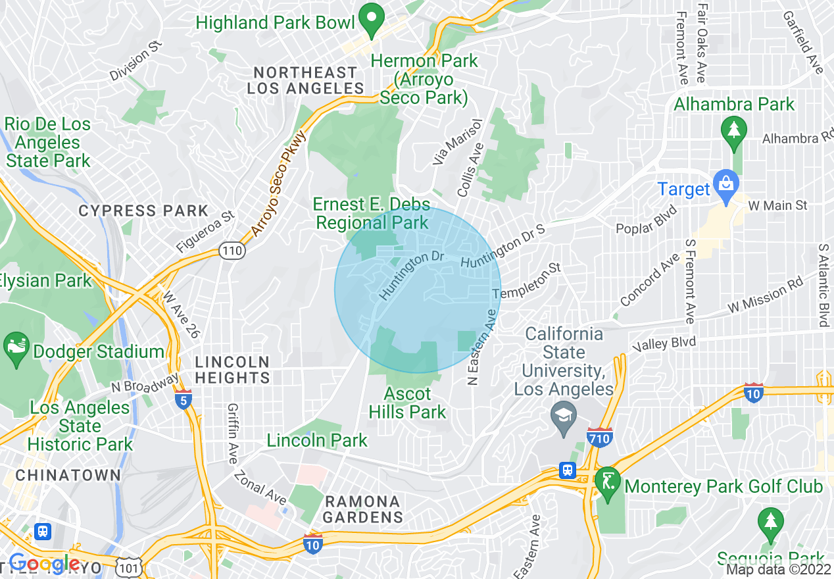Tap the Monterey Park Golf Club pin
(606, 484)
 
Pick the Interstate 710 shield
(599, 438)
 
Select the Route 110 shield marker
(232, 251)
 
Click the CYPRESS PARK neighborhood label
(143, 211)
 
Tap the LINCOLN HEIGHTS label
(232, 370)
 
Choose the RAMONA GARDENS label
(362, 510)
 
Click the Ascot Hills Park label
(407, 403)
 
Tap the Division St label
(135, 61)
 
